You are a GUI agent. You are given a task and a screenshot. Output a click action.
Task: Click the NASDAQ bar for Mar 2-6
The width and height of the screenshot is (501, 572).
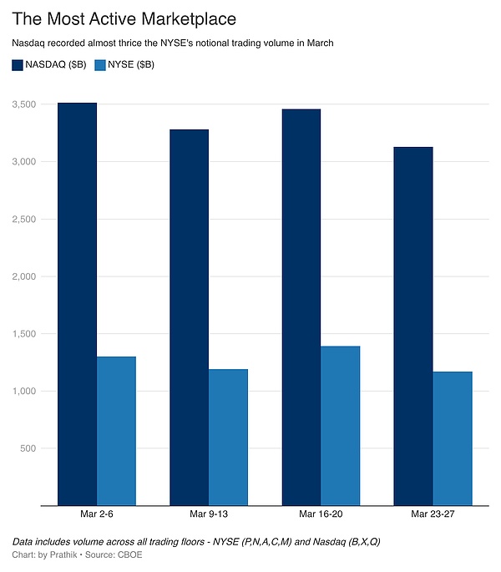coord(77,304)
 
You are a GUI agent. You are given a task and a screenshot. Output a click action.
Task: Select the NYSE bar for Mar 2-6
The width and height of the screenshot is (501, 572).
coord(116,431)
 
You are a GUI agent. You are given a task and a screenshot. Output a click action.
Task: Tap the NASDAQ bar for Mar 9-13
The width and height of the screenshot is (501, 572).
coord(189,317)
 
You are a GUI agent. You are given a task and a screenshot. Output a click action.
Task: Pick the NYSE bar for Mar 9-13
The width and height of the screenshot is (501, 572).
coord(228,437)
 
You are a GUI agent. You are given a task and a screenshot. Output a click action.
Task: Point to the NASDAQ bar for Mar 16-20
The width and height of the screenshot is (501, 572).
coord(301,307)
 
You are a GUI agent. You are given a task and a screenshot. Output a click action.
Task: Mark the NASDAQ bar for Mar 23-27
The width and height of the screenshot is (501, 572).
coord(412,326)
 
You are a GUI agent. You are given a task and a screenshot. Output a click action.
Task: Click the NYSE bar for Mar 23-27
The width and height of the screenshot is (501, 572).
coord(452,438)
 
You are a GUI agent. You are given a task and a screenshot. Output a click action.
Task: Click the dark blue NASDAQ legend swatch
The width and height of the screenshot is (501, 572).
coord(18,64)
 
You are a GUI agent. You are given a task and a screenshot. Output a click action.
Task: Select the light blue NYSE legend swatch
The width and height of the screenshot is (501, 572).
coord(102,64)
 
